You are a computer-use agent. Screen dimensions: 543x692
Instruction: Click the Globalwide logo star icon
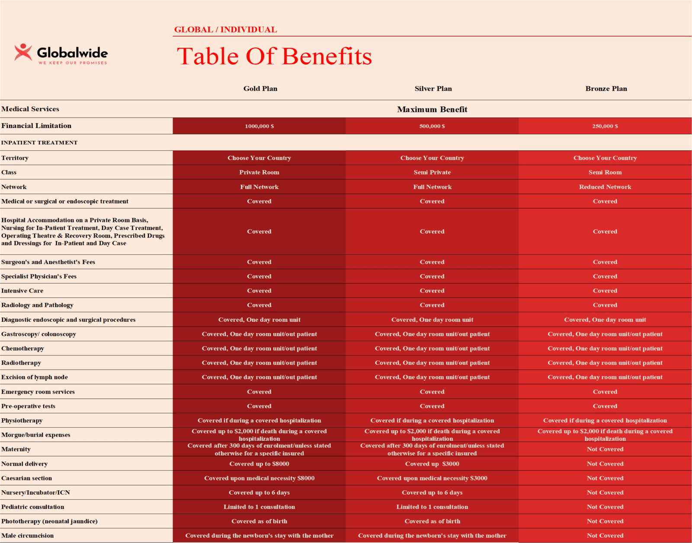23,52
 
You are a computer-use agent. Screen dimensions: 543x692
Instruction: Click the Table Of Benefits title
274,56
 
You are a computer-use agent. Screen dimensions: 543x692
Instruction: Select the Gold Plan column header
260,89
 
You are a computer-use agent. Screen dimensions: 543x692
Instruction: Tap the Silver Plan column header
433,89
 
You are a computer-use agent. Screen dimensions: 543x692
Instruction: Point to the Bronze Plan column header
606,89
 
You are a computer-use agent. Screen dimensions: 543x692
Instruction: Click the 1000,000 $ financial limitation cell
259,126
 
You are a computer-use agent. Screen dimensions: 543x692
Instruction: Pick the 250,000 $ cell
605,126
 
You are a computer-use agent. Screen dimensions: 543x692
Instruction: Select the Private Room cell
259,172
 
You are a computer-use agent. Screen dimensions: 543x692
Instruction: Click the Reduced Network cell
605,187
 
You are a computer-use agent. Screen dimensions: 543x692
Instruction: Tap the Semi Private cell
432,172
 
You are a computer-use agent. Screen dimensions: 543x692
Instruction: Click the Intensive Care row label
22,291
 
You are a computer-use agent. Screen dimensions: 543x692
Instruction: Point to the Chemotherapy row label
22,349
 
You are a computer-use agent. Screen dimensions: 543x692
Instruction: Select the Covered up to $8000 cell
259,464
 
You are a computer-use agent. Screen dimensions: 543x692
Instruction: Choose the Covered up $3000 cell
432,464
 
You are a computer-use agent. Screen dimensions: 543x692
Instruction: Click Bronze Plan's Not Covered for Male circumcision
605,536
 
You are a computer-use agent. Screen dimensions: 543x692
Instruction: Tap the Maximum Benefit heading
432,109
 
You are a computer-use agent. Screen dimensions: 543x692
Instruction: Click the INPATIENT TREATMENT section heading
39,143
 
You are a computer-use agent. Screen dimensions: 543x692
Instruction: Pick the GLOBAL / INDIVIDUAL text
225,29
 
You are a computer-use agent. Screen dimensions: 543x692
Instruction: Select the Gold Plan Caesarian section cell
259,478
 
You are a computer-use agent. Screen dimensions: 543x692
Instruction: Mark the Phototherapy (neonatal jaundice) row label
49,521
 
